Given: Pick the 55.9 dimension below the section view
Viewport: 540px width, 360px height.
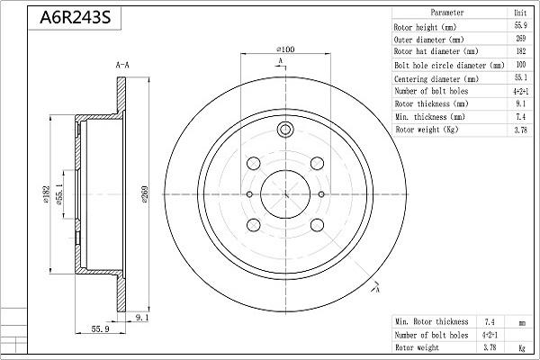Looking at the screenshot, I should pos(100,329).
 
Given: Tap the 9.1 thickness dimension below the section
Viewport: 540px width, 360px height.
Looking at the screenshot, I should pos(141,317).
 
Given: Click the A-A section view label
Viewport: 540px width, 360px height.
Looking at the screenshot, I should pos(123,66).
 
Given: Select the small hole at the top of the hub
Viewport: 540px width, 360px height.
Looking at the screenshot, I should pos(286,130).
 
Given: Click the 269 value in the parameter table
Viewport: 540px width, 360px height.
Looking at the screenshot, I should pos(518,40).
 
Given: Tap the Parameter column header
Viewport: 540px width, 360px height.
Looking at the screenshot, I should pos(447,13).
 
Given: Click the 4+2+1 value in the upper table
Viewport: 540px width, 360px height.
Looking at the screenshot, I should pos(518,92).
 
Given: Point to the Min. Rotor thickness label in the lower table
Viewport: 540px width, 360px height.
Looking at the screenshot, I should pos(433,321).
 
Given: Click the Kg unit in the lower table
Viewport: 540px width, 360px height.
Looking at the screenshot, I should pos(520,346).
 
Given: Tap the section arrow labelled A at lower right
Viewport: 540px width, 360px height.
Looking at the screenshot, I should pos(374,288).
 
